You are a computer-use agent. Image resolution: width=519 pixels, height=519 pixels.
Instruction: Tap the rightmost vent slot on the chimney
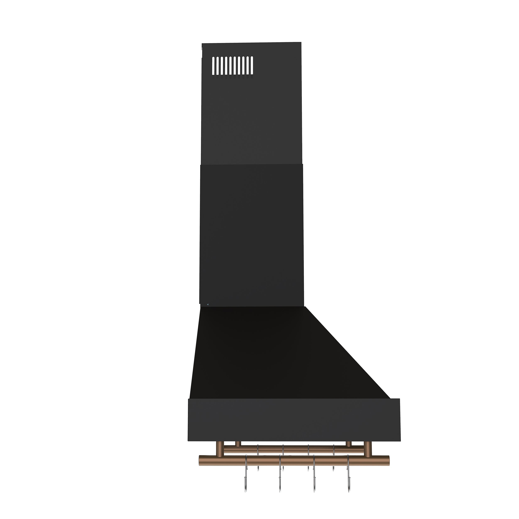coord(252,66)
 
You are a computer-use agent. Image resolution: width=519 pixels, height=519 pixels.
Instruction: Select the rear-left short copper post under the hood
coord(238,443)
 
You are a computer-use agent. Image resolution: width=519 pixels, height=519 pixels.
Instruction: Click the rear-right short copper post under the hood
coord(348,443)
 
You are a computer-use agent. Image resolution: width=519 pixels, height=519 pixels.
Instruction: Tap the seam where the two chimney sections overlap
coord(252,164)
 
